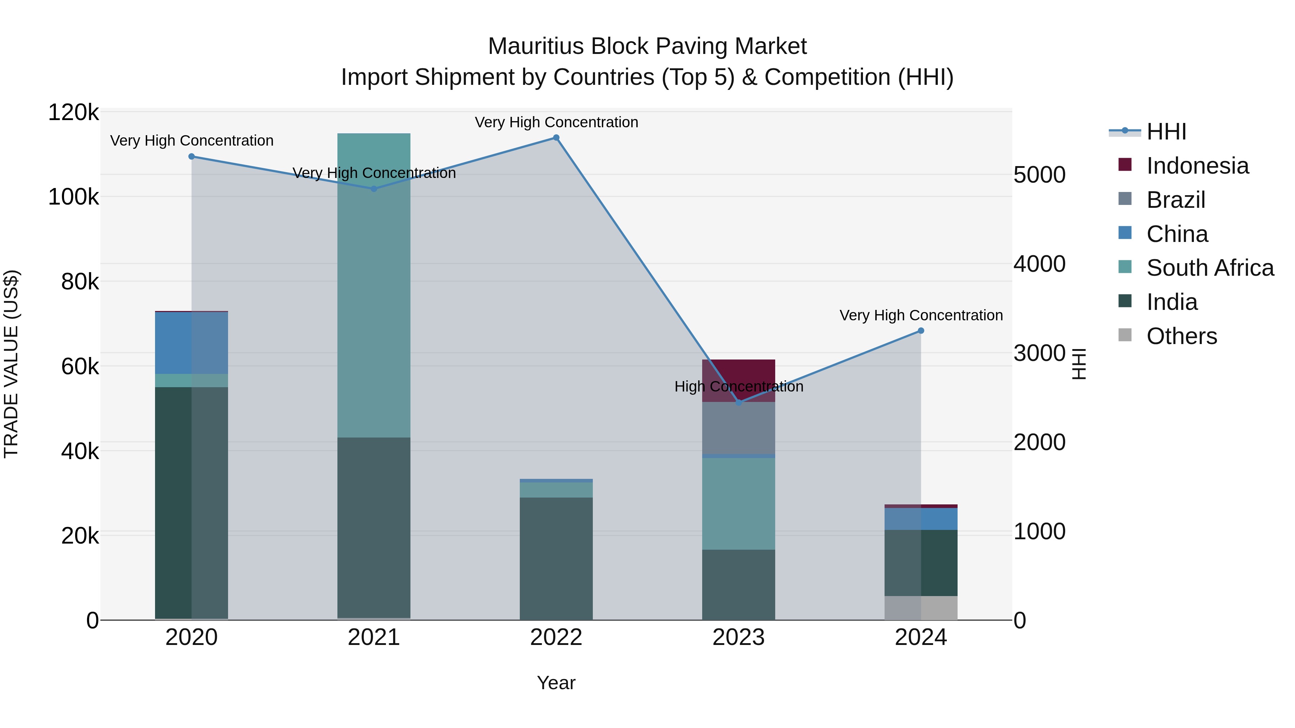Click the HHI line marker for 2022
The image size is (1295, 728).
pos(556,138)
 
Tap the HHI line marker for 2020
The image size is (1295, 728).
pos(191,156)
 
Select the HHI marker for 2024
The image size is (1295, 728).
pos(921,331)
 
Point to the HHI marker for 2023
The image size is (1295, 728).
pos(739,402)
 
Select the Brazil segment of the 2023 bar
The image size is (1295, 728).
pos(739,428)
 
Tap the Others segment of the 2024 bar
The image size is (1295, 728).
pos(921,608)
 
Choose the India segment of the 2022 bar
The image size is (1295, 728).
pos(556,558)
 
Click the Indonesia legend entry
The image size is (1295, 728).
pos(1198,166)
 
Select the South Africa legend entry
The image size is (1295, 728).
pos(1210,268)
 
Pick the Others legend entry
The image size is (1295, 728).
pos(1181,336)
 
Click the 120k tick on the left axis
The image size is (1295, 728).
pos(73,112)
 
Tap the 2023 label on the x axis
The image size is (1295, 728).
pos(739,637)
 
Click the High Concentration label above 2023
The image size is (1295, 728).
pos(739,386)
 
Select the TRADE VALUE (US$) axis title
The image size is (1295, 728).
pos(11,364)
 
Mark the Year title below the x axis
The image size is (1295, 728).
pos(556,683)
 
